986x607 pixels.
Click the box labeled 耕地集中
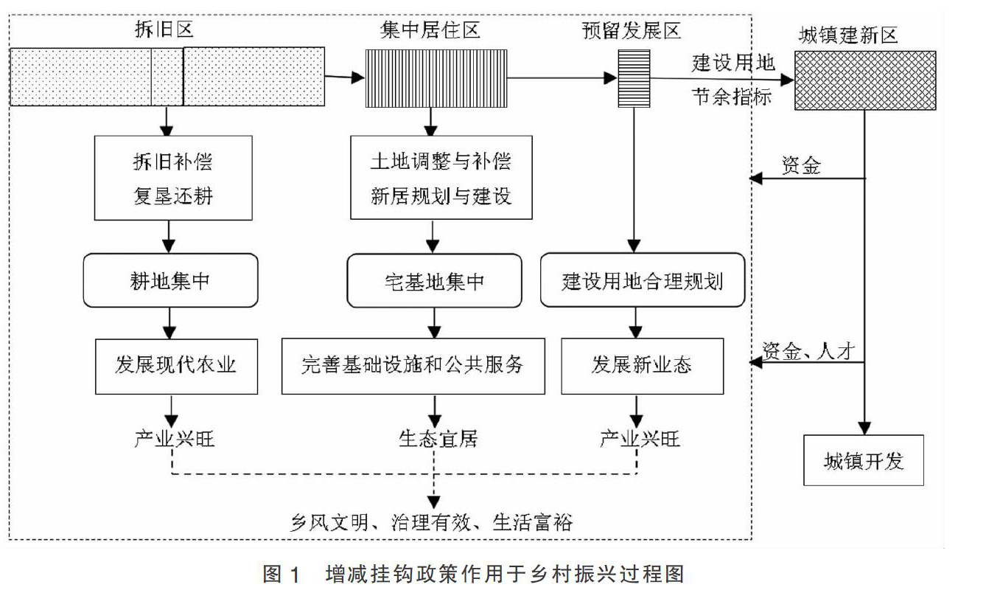point(170,280)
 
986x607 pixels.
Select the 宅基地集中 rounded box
point(434,281)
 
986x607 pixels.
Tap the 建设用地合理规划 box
point(642,280)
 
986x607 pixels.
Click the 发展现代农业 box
point(176,366)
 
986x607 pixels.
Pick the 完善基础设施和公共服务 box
point(413,366)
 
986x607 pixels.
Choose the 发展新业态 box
point(641,366)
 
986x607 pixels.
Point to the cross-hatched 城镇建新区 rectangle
point(865,80)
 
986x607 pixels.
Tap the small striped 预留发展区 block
point(634,77)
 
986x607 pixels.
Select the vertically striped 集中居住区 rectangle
point(436,77)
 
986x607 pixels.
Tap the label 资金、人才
point(808,351)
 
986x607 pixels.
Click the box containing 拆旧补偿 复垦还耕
point(173,178)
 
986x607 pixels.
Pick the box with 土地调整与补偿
point(441,178)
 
